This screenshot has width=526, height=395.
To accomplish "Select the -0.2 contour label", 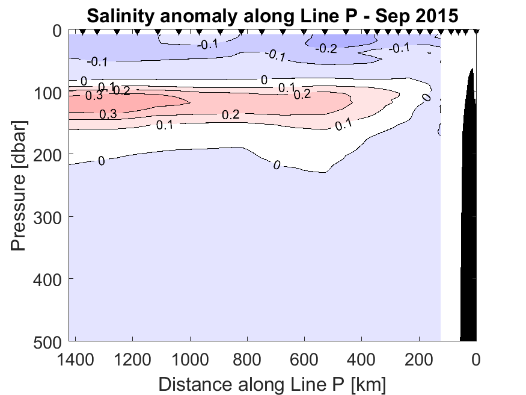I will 326,48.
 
